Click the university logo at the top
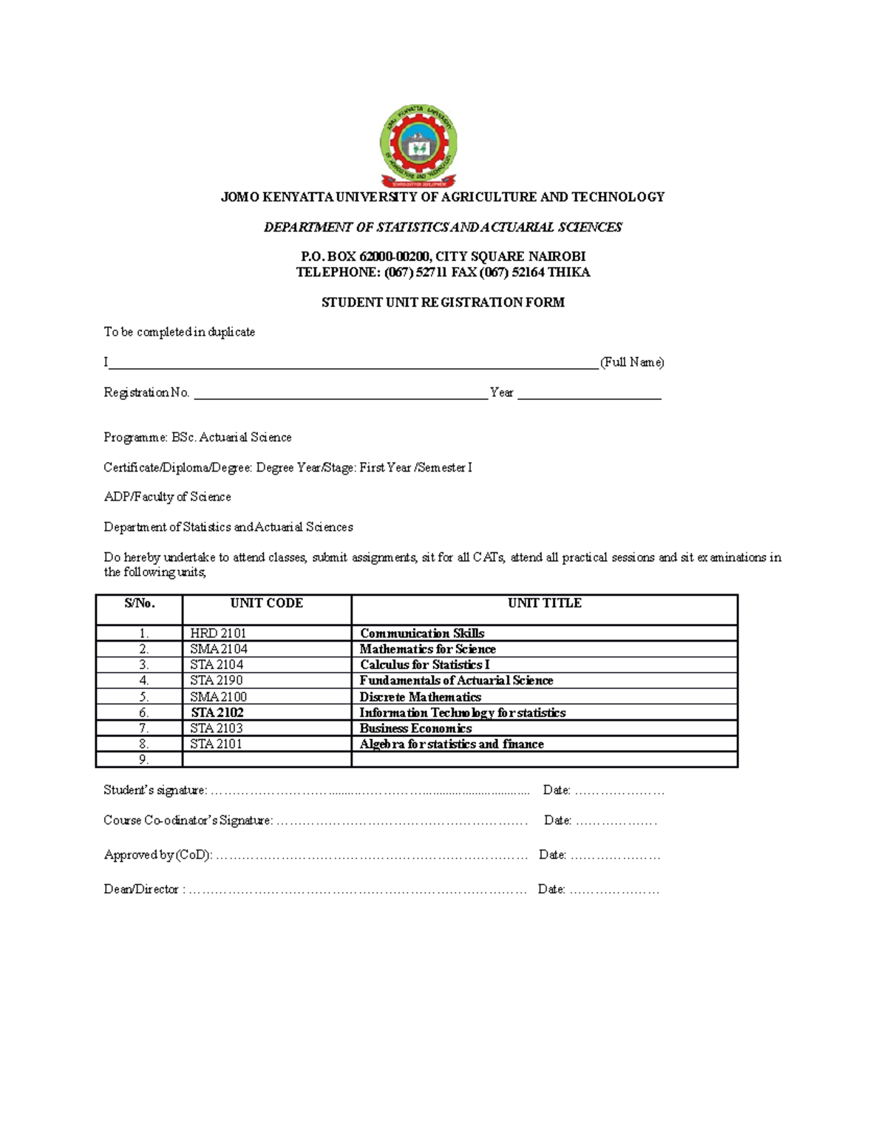coord(418,146)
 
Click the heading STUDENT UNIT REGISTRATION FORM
coord(443,302)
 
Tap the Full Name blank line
coord(353,362)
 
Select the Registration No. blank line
coord(340,393)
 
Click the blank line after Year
coord(589,393)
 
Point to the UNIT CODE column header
coord(266,603)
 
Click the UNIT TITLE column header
coord(544,603)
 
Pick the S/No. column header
coord(140,603)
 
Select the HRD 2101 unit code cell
coord(218,634)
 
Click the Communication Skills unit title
coord(422,634)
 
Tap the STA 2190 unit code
coord(217,680)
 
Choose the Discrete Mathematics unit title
coord(420,697)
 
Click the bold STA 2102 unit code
coord(217,713)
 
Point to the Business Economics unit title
coord(415,728)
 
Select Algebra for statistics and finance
coord(452,744)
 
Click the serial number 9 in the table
coord(143,760)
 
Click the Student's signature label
coord(155,790)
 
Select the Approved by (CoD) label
coord(157,855)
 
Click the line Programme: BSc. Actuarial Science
coord(197,438)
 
